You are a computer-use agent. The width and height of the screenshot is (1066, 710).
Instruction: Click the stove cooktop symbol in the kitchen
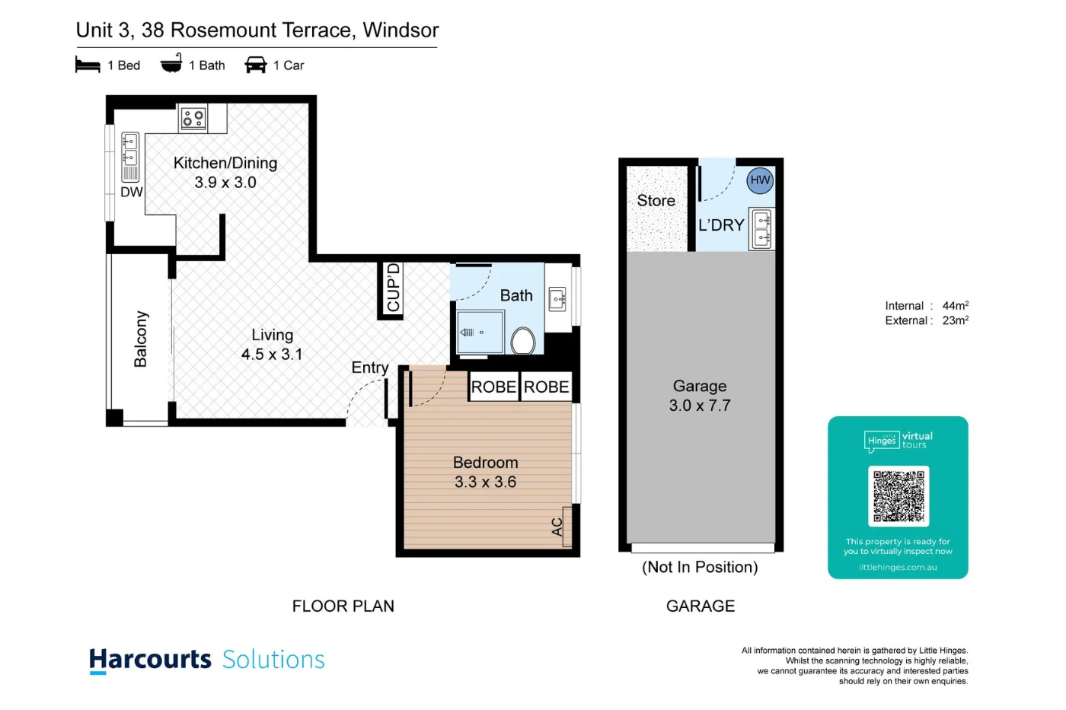(193, 118)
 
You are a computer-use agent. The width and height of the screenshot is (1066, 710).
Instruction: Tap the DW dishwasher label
(131, 192)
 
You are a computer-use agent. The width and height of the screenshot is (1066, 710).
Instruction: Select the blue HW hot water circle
(760, 180)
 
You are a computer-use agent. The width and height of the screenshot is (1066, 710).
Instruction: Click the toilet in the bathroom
(523, 341)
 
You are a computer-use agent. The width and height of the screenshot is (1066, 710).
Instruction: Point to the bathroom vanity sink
(558, 299)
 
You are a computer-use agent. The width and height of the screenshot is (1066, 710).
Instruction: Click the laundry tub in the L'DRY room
(761, 229)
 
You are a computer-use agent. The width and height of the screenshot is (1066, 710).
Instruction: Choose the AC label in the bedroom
(557, 526)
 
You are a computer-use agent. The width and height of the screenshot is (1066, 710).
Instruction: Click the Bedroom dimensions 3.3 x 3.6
(485, 482)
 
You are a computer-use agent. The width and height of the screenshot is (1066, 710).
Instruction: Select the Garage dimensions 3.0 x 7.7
(699, 406)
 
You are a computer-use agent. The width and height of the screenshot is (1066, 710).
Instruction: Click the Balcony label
(141, 339)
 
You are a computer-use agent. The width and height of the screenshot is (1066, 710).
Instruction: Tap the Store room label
(656, 200)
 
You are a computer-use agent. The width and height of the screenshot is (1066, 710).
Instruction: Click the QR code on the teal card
(898, 496)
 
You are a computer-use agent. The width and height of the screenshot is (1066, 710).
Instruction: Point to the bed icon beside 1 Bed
(88, 65)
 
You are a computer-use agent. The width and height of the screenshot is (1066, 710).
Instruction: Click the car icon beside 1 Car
(255, 65)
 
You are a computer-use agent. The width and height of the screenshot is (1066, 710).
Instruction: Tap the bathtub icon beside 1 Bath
(171, 64)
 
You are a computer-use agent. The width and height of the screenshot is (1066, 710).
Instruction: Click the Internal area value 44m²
(955, 305)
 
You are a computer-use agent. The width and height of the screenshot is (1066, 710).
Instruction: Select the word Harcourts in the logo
(150, 659)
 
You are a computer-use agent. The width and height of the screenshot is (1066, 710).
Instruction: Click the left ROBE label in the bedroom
(493, 387)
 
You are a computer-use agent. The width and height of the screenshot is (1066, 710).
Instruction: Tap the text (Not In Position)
(700, 567)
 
